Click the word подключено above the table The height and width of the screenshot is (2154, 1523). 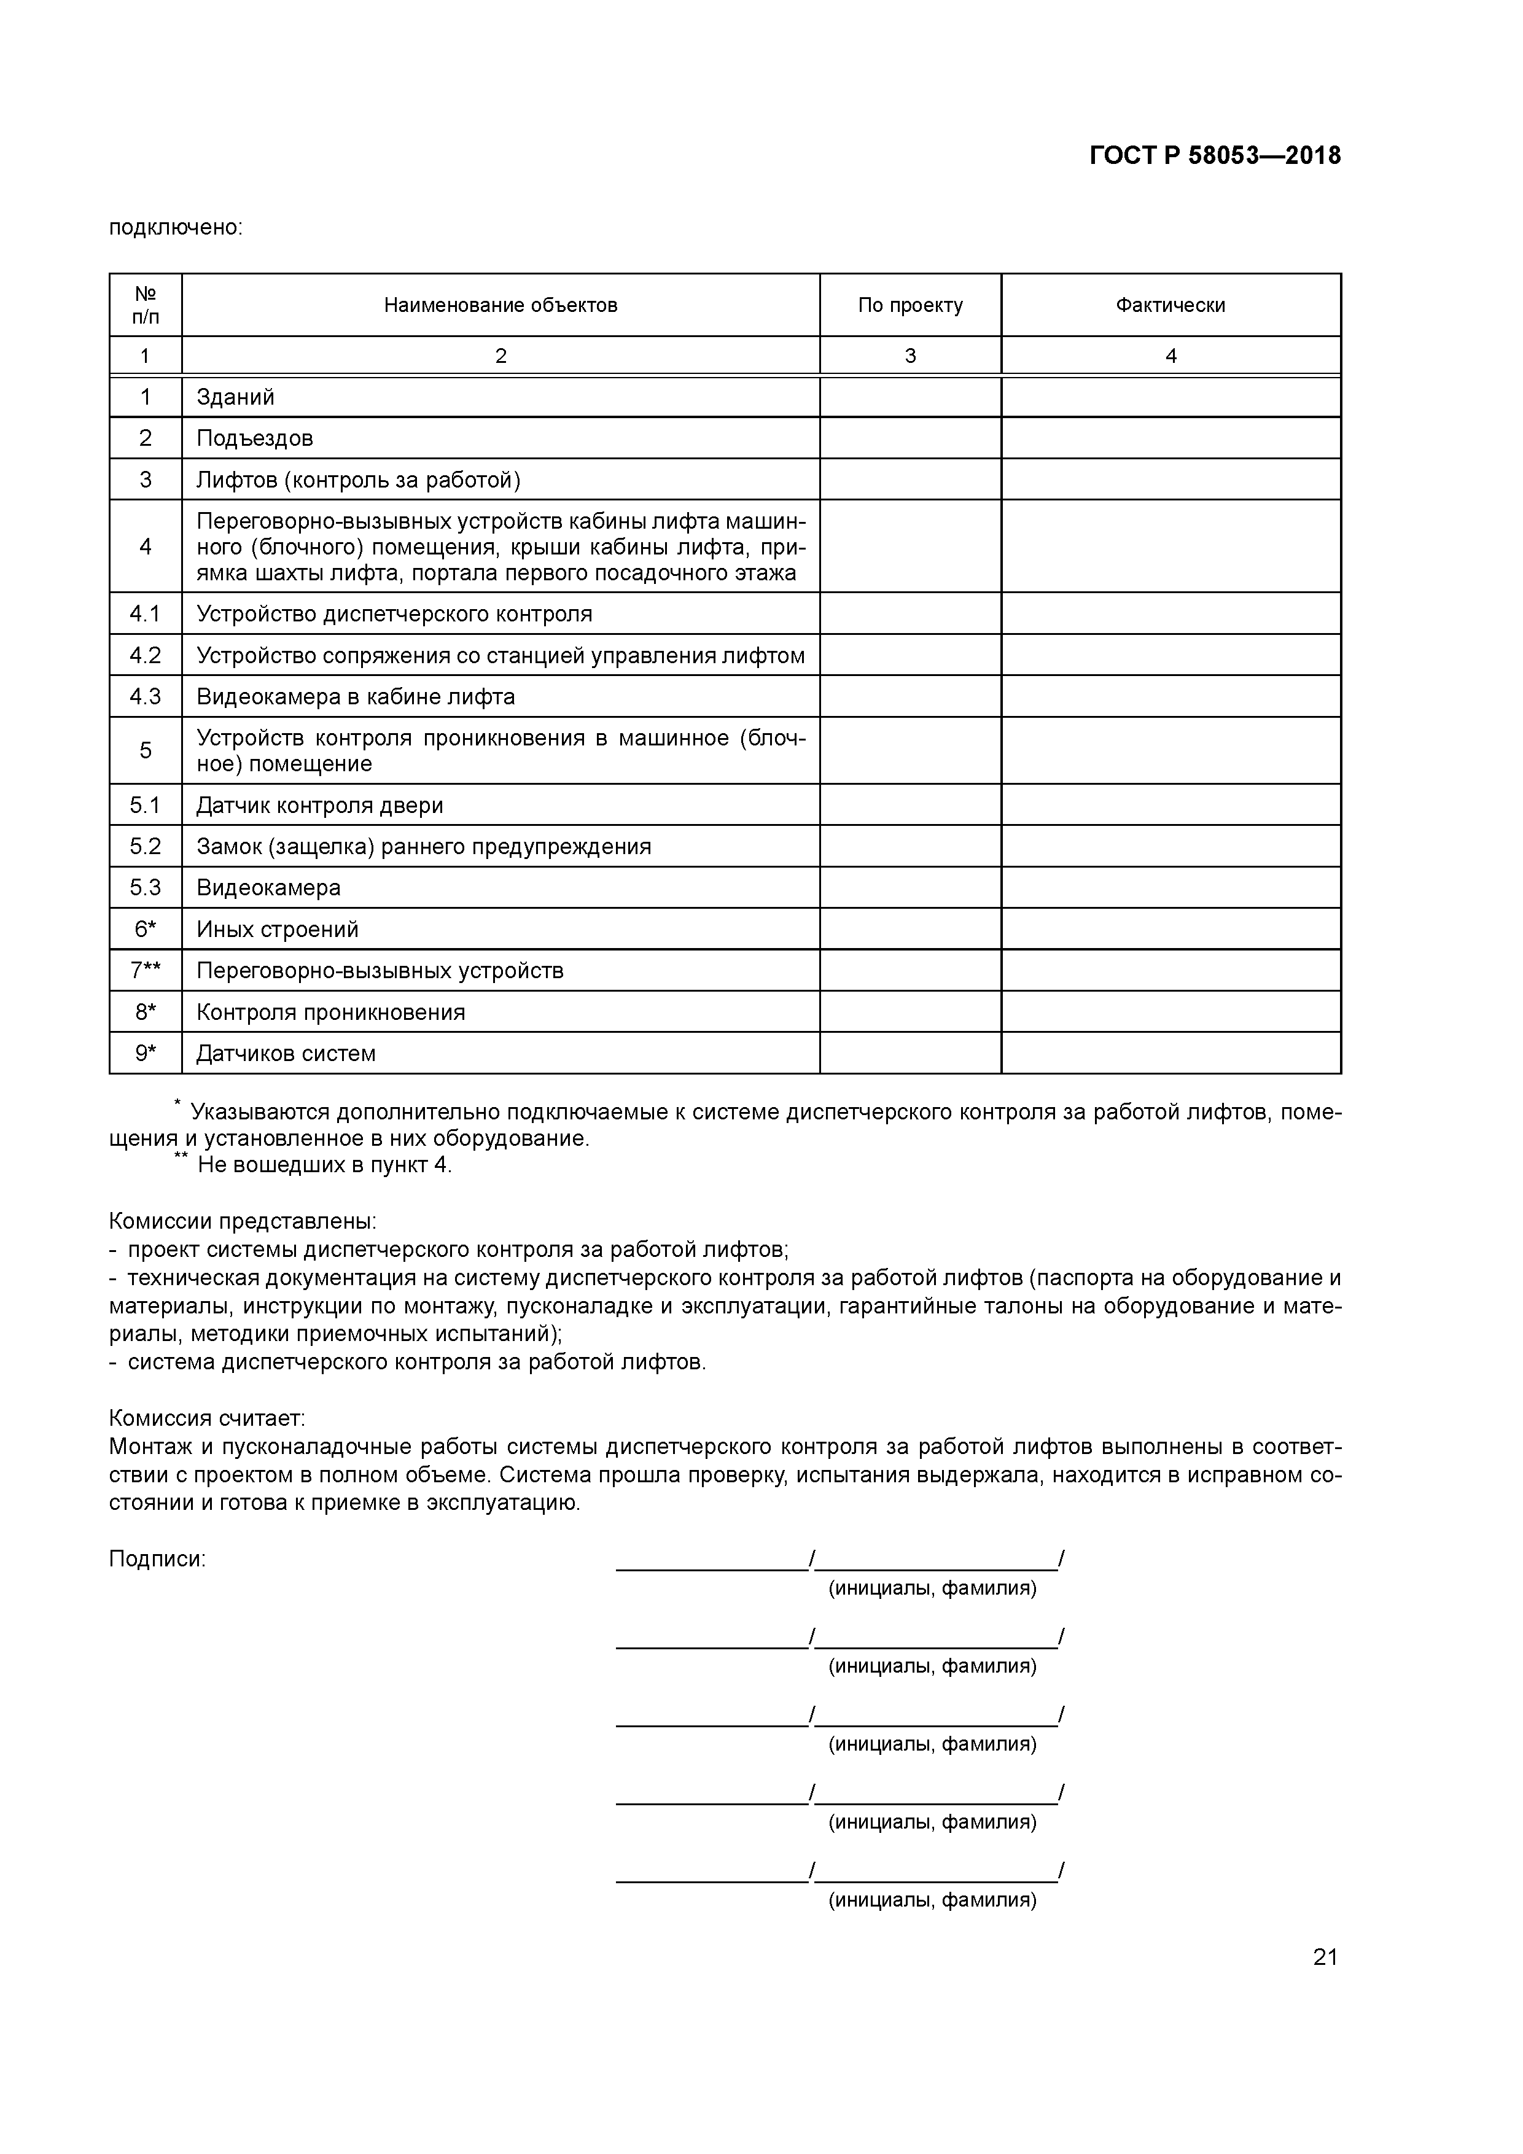[176, 228]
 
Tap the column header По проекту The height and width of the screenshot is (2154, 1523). [910, 305]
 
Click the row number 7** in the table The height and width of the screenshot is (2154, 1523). [146, 970]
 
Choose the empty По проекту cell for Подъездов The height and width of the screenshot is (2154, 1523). [910, 438]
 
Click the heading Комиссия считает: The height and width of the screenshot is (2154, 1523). [208, 1418]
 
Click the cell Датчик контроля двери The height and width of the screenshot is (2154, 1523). [320, 805]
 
